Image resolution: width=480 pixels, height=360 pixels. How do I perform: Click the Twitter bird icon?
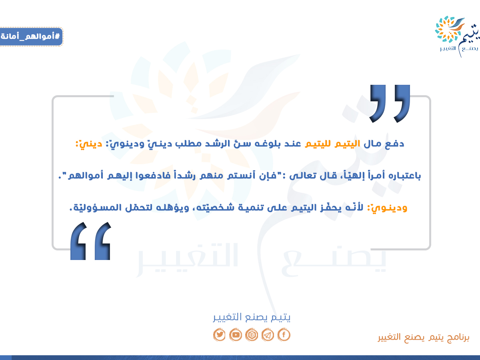point(219,335)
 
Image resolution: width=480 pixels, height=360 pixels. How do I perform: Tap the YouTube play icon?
point(236,335)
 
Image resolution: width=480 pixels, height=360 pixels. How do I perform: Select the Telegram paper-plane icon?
point(268,335)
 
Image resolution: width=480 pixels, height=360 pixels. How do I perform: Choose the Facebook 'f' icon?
point(284,335)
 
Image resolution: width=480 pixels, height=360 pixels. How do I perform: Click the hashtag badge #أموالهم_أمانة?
point(31,36)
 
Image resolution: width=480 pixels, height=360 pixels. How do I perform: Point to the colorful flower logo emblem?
point(450,29)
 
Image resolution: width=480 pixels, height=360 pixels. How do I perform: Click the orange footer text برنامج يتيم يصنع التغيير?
point(423,338)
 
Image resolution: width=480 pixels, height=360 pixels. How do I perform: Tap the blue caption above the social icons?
point(252,317)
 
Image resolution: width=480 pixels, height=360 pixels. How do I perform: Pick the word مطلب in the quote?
point(188,144)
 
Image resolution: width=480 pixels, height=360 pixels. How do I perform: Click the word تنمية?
point(251,208)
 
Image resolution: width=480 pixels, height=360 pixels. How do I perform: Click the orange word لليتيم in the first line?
point(318,144)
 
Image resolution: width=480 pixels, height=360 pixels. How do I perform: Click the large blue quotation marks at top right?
point(390,104)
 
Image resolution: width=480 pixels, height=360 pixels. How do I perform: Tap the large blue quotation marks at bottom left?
point(90,241)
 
